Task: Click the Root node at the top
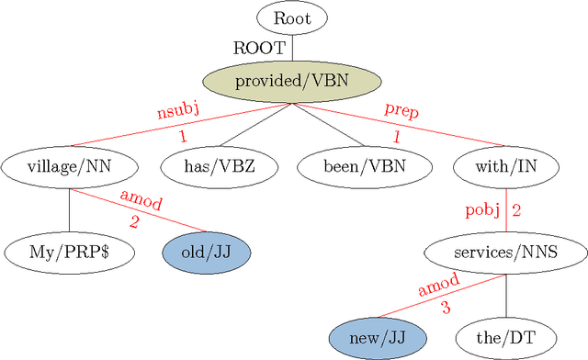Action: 291,18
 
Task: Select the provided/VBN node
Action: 291,82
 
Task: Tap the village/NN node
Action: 70,167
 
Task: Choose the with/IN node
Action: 506,167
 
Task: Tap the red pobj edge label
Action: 487,210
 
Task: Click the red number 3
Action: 446,309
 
